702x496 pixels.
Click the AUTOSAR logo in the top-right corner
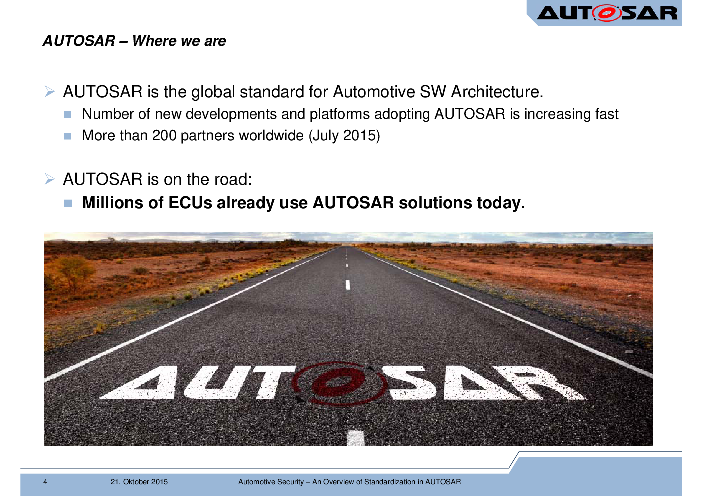pos(607,13)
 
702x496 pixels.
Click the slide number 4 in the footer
pos(45,482)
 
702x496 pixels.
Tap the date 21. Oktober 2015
pos(139,482)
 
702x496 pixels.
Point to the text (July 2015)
pos(344,136)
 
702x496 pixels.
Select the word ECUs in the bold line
pos(190,203)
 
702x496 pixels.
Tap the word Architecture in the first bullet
pos(497,92)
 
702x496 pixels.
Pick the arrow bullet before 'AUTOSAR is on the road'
pos(49,179)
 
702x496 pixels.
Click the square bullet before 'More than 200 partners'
pos(68,136)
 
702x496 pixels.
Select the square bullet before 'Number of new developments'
pos(68,114)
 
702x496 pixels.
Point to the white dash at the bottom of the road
pos(355,438)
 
